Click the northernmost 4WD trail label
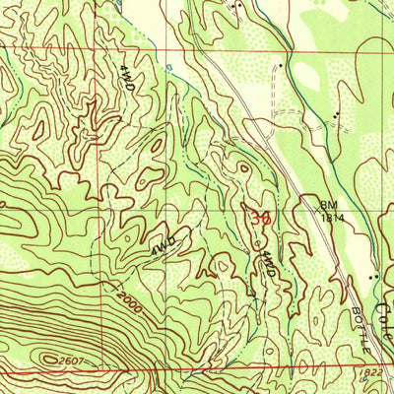tap(127, 80)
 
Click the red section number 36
tap(260, 218)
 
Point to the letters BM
tap(327, 204)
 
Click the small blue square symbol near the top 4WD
tap(169, 68)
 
